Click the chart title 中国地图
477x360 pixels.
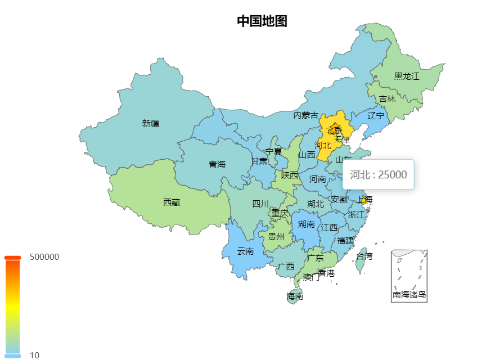tap(262, 21)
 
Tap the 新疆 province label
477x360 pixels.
tap(151, 124)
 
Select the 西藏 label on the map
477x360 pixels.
tap(172, 202)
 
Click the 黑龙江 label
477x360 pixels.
tap(407, 76)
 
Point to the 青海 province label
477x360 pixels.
tap(217, 164)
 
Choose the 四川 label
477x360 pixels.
tap(260, 204)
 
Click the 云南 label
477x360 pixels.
tap(245, 251)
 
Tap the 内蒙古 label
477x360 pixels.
tap(306, 115)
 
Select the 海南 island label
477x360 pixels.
tap(295, 296)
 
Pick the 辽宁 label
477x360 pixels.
tap(376, 116)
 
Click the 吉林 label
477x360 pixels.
tap(387, 99)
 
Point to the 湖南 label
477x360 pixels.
tap(307, 224)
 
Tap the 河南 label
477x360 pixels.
tap(318, 179)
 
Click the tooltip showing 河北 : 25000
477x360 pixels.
tap(379, 174)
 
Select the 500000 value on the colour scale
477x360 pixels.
tap(44, 257)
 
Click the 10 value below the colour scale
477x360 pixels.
tap(35, 355)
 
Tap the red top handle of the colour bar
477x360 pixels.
tap(12, 258)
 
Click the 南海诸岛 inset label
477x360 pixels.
tap(409, 294)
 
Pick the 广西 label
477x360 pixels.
tap(286, 266)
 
